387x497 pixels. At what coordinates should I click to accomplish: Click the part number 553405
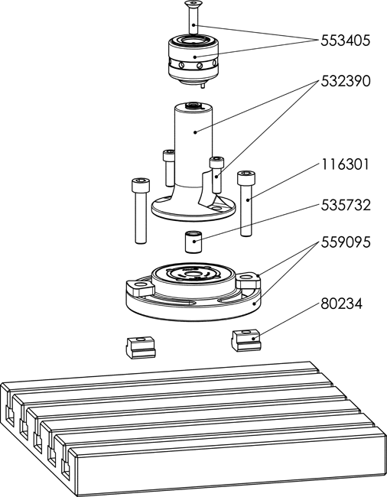345,41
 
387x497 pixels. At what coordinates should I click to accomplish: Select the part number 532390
345,82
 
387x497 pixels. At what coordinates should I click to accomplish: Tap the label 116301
345,165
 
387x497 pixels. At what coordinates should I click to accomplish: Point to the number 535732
345,206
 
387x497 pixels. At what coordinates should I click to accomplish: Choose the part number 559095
345,242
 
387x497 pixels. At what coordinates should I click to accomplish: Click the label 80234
341,304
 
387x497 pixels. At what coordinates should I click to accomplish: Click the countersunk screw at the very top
193,17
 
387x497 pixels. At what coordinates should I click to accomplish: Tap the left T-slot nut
141,348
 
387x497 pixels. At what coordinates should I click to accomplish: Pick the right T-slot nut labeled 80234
246,340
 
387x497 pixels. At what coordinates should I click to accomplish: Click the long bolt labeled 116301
246,203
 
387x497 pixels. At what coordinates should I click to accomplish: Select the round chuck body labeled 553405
193,60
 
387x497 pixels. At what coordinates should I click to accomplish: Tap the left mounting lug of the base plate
140,287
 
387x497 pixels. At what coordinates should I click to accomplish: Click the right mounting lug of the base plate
248,281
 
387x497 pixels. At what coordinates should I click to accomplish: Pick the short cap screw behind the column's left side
168,168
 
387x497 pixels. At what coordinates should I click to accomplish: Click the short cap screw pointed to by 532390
216,174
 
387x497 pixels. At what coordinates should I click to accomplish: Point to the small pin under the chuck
203,86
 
